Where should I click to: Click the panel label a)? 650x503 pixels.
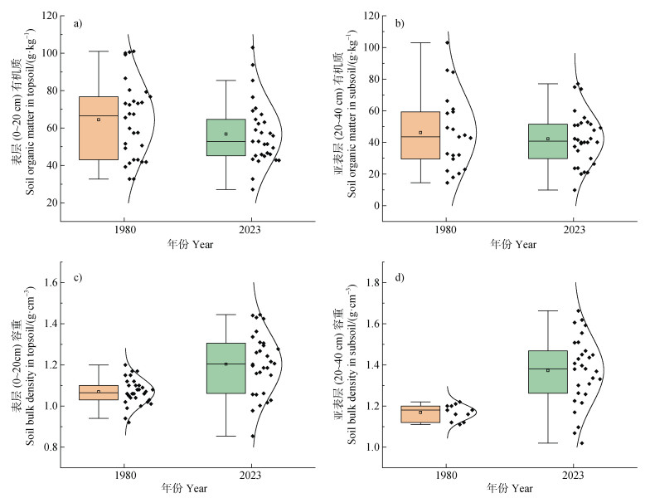coord(78,23)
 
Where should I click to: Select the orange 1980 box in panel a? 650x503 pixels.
coord(99,128)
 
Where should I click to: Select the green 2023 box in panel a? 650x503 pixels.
coord(226,138)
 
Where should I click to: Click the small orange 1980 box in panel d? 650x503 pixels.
coord(420,414)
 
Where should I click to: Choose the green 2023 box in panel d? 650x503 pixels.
coord(548,372)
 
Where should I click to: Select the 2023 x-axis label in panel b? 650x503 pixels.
coord(574,227)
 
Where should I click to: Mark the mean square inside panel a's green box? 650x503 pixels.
coord(226,134)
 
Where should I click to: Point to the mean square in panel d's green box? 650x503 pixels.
coord(548,370)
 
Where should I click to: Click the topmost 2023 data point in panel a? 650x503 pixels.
coord(252,47)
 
